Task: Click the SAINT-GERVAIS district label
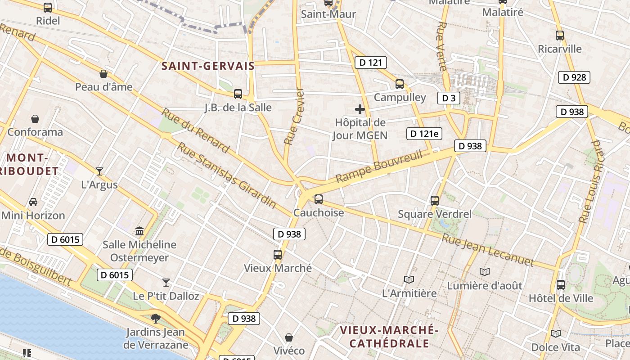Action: coord(208,66)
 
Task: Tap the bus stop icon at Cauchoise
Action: coord(319,199)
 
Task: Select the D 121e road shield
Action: coord(424,133)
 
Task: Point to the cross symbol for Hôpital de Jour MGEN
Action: coord(360,109)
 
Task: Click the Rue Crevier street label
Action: coord(294,116)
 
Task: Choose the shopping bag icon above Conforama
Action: coord(35,119)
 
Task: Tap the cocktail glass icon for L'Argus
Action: coord(99,171)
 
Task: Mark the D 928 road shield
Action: coord(574,77)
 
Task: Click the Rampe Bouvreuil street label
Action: coord(379,167)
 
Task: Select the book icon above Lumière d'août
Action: coord(484,272)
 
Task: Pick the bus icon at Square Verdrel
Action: coord(434,200)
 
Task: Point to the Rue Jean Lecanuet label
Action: coord(488,250)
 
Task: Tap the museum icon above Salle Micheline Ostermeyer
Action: coord(139,231)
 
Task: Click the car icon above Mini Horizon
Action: coord(33,202)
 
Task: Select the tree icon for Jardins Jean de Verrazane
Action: coord(155,319)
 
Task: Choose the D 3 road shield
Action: coord(449,98)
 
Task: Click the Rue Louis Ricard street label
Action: coord(590,182)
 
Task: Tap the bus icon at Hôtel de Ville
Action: coord(560,284)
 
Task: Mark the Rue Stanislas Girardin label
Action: coord(226,175)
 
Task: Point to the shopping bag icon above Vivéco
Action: coord(289,337)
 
